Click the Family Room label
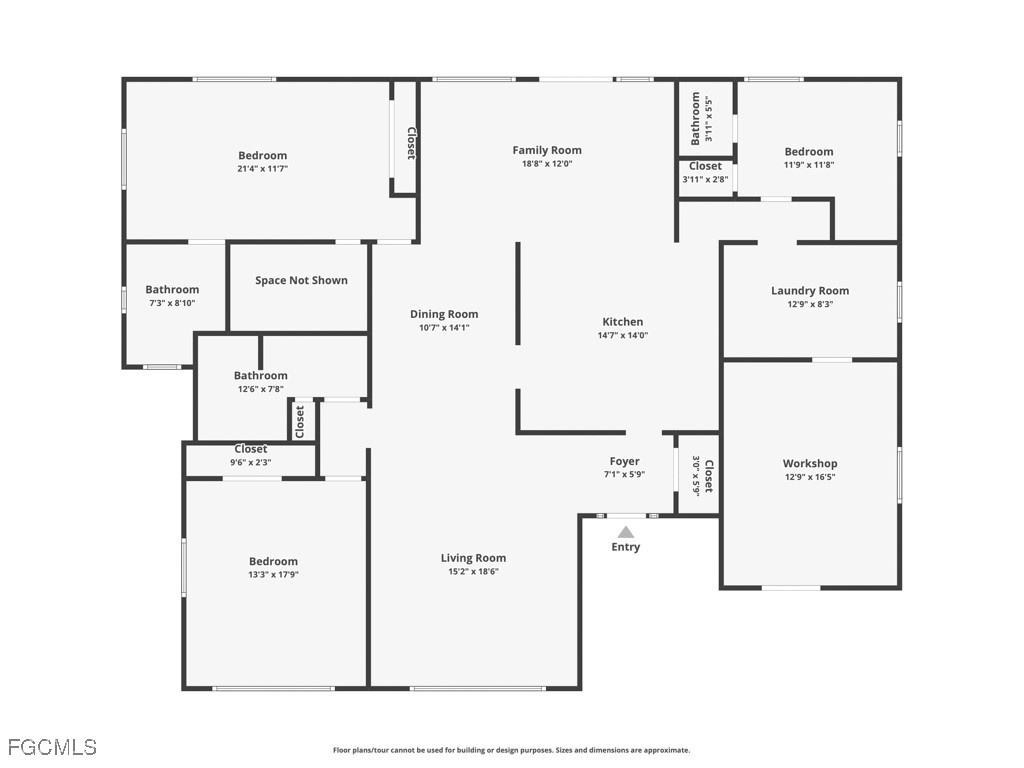click(x=547, y=150)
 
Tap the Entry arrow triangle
click(x=625, y=532)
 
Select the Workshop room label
click(x=810, y=463)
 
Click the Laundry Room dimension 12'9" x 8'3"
click(x=810, y=304)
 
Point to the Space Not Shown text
click(x=301, y=280)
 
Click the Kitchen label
click(x=622, y=321)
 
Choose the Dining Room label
click(x=444, y=314)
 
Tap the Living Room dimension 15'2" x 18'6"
click(x=473, y=572)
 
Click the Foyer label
click(x=624, y=461)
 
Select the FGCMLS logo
click(x=52, y=747)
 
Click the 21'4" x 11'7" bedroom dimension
click(x=262, y=169)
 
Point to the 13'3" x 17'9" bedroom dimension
click(x=273, y=575)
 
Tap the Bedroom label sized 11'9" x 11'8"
click(x=809, y=152)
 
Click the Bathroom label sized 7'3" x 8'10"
click(x=172, y=289)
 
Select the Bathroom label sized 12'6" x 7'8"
click(x=261, y=375)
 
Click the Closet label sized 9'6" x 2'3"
click(x=250, y=449)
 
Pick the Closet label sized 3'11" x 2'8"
click(x=705, y=166)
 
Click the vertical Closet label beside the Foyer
click(x=709, y=476)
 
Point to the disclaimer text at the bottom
click(x=511, y=750)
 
